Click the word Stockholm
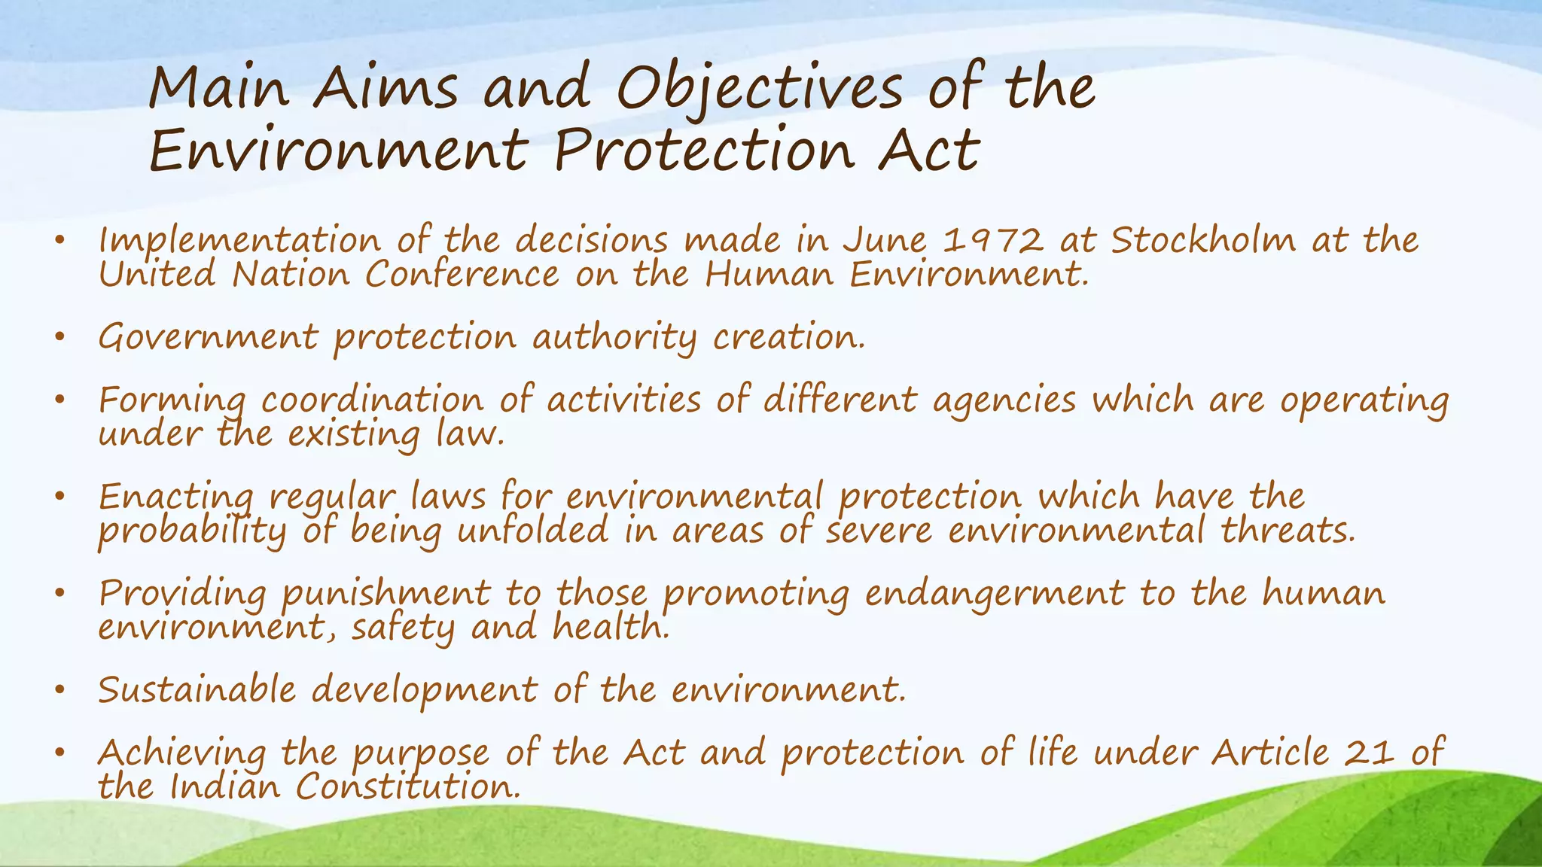[1203, 241]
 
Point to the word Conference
[462, 275]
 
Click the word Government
[208, 337]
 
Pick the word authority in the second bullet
[614, 338]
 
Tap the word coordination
[372, 400]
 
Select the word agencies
[1004, 401]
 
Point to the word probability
[192, 532]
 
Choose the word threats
[1288, 531]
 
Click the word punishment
[385, 595]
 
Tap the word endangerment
[994, 595]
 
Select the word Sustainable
[197, 690]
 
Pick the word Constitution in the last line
[407, 787]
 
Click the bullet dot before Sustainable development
[60, 689]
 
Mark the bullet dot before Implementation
[60, 241]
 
